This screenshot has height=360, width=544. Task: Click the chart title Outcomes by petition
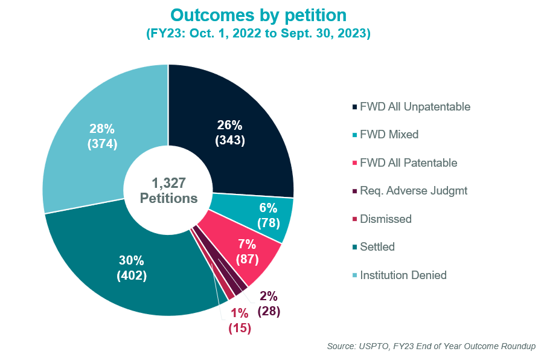pos(258,15)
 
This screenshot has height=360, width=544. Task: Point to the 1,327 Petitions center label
pos(168,190)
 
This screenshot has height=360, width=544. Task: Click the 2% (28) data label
pos(269,304)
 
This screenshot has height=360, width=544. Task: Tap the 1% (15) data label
pos(239,321)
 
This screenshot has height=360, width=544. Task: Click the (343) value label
pos(229,140)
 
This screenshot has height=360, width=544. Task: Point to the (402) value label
pos(131,275)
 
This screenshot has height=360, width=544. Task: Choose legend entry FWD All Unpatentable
pos(414,107)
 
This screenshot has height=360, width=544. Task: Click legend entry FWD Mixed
pos(388,135)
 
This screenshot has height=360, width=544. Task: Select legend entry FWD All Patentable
pos(408,163)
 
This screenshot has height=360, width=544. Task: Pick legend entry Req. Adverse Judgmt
pos(412,191)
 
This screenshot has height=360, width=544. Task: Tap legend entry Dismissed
pos(385,219)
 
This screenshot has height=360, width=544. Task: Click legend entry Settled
pos(377,247)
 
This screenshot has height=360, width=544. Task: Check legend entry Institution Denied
pos(403,275)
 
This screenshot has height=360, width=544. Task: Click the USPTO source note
pos(430,346)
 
